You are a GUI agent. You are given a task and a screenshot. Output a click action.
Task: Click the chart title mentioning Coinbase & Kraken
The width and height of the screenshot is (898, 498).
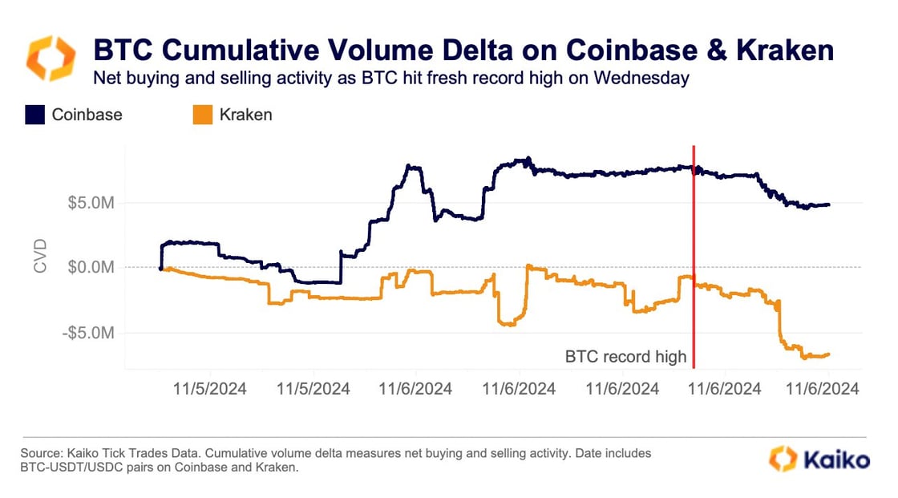coord(463,51)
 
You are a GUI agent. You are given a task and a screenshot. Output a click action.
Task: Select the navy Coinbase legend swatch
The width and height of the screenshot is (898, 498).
coord(34,115)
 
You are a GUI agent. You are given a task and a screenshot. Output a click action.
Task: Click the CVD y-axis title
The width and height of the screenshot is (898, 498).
coord(41,256)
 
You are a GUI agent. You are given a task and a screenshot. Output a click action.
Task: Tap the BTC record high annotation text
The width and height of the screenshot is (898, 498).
coord(626,356)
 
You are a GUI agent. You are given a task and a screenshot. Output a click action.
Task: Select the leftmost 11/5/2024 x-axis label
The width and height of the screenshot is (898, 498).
coord(211,389)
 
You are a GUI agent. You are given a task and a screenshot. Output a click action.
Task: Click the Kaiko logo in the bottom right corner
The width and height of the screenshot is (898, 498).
coord(819,460)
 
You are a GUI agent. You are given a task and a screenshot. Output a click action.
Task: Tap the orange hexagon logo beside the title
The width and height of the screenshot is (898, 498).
coord(51,59)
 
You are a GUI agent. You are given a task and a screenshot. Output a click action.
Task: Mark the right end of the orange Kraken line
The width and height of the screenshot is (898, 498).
coord(828,354)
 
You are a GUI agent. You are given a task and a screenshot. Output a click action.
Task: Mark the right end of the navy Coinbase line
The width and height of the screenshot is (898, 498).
coord(829,204)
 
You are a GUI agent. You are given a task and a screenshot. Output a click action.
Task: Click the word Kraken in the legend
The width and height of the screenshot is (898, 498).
coord(245,115)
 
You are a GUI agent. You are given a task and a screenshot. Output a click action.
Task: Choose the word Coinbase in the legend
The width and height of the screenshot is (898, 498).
coord(87,115)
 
